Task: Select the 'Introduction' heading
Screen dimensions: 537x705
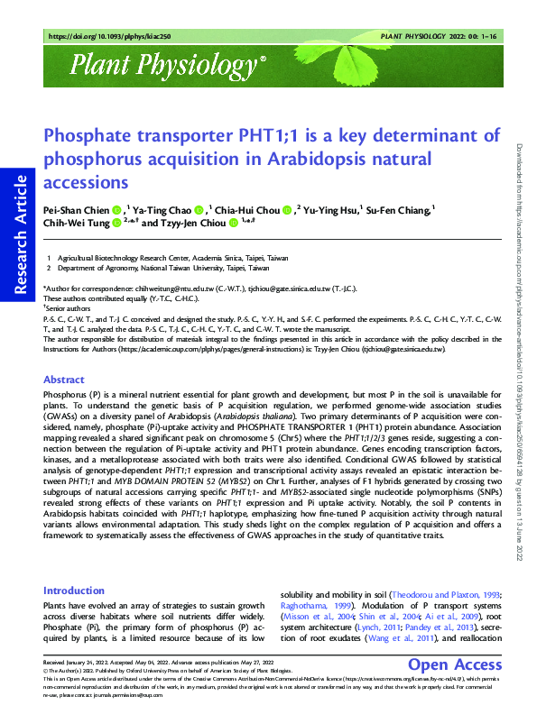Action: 80,591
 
